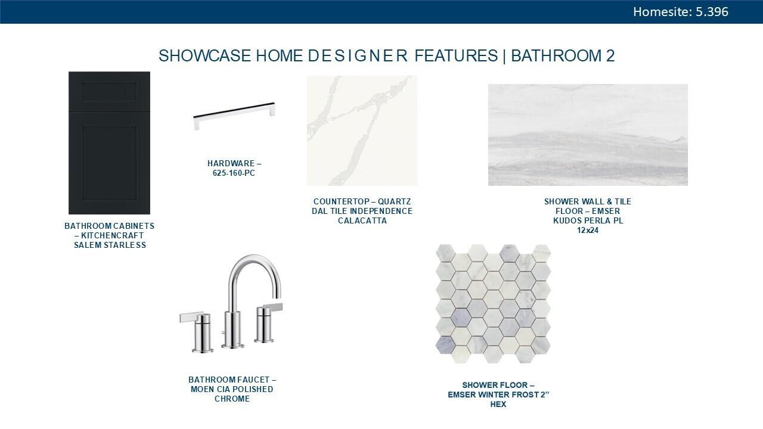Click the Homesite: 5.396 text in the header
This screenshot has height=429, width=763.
(681, 12)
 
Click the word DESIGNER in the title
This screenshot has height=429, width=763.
(358, 56)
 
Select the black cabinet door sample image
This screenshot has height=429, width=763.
(109, 143)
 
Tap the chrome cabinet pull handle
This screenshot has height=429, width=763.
(234, 116)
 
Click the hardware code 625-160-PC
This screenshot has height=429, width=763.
(234, 173)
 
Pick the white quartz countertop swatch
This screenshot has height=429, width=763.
(362, 130)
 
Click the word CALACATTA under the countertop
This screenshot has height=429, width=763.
(362, 220)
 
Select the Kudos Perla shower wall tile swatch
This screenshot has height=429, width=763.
(588, 135)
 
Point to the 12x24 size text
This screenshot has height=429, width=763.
(588, 230)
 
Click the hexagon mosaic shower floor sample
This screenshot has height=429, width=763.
(493, 304)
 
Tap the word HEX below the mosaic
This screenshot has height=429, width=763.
(498, 405)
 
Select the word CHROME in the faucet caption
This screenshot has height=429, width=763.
(232, 399)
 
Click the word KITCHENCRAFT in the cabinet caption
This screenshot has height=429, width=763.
(113, 235)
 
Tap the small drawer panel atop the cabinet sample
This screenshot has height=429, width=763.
(109, 92)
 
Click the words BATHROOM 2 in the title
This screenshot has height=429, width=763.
(563, 56)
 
